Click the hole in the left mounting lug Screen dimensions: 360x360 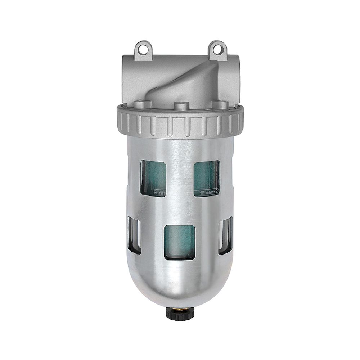tap(143, 49)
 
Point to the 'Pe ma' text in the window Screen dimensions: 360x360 tap(159, 192)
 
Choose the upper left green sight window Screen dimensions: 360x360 tap(153, 178)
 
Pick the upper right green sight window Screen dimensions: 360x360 tap(206, 178)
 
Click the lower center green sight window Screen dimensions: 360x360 tap(179, 242)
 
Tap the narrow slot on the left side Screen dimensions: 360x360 tap(134, 235)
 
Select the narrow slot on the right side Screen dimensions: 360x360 tap(226, 235)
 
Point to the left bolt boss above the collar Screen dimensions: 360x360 tap(141, 105)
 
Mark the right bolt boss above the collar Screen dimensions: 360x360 tap(220, 105)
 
